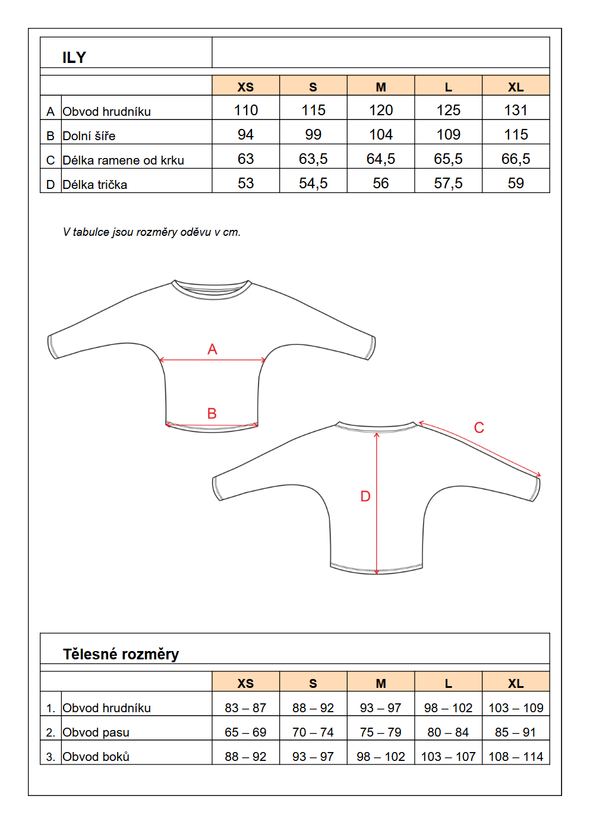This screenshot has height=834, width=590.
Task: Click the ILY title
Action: (74, 57)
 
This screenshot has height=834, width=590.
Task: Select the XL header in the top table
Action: (515, 87)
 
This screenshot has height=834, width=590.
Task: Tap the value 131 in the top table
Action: (515, 110)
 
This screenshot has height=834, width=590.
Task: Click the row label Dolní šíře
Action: (89, 135)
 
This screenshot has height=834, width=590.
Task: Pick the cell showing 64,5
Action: (380, 159)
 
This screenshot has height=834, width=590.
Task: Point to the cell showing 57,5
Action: (448, 183)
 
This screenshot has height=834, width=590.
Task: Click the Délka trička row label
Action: (94, 184)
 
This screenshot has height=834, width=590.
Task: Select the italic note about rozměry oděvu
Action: (152, 232)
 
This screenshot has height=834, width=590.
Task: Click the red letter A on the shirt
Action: (212, 349)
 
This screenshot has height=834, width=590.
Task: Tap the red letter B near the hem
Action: (212, 413)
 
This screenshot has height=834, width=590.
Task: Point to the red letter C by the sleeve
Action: (479, 428)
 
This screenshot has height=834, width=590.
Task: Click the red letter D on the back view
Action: (365, 496)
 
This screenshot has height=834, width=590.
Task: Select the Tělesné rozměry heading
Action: (121, 654)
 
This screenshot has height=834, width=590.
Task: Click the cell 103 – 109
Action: (516, 707)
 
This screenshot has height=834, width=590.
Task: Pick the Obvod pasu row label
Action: (96, 732)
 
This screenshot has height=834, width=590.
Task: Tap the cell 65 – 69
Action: (245, 732)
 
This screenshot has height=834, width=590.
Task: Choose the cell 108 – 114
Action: (516, 756)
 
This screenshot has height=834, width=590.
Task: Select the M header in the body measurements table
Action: (380, 683)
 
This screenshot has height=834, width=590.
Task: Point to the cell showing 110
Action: (245, 110)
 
